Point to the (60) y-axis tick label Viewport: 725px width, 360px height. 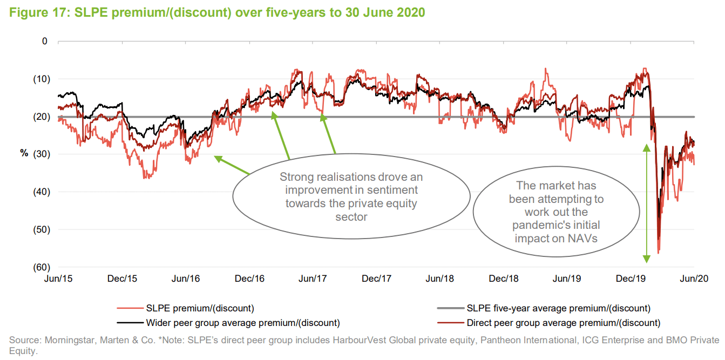(x=39, y=267)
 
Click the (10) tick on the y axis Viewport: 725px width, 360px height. (x=39, y=79)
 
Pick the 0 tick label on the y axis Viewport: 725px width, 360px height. (x=45, y=41)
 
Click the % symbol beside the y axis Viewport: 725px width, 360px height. (x=24, y=153)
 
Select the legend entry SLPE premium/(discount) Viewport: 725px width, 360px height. (x=200, y=309)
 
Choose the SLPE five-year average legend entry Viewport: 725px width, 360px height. (x=558, y=309)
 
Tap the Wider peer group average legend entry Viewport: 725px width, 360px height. (x=243, y=323)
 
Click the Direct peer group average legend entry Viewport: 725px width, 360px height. (x=563, y=323)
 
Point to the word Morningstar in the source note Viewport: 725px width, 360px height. (x=64, y=341)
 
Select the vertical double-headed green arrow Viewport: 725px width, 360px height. (x=646, y=203)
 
